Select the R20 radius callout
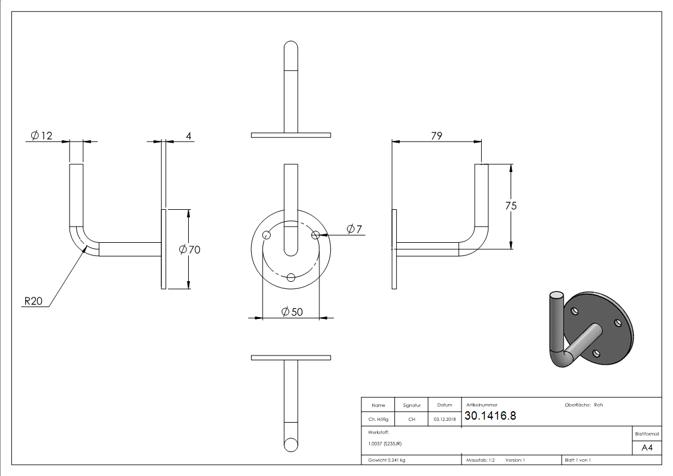point(33,302)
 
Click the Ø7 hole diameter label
point(354,229)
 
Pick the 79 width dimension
point(436,135)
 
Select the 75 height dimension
point(511,206)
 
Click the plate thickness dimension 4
point(188,136)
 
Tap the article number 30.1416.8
point(490,416)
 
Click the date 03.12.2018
point(444,420)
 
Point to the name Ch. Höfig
point(378,420)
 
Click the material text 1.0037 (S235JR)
point(385,444)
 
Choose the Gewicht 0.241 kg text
point(387,460)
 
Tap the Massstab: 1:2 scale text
point(481,460)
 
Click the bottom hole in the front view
point(291,277)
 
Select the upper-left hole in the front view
point(267,236)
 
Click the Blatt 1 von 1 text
point(578,460)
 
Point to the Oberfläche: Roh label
point(583,405)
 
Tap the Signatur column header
point(412,405)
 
